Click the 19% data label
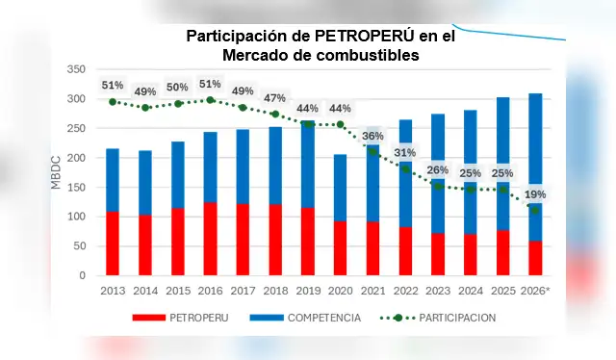[535, 194]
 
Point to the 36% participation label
[372, 136]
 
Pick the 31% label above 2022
[405, 152]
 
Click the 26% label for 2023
[437, 170]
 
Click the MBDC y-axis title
[55, 172]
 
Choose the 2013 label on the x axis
[113, 290]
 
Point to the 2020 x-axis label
[340, 290]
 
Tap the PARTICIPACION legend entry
[453, 317]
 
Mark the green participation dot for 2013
[113, 102]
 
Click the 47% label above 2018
[274, 98]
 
